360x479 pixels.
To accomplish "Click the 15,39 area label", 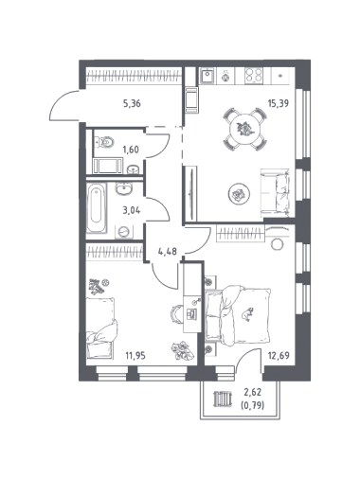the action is (x=279, y=103).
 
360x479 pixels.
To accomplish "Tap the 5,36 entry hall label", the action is (x=132, y=103).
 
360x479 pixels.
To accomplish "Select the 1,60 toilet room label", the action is (x=131, y=150).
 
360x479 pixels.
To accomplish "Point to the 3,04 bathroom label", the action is (x=132, y=210).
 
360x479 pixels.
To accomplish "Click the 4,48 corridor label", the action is (x=167, y=252).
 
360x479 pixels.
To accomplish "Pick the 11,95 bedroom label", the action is (x=135, y=356).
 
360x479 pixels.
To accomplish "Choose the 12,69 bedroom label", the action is (x=279, y=356).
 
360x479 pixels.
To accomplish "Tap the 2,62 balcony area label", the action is (x=252, y=392).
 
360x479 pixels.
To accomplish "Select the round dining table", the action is (x=245, y=129).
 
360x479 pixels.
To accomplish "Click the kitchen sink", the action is (x=207, y=76).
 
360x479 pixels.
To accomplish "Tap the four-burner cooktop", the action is (x=254, y=76).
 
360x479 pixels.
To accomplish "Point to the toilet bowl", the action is (x=104, y=143).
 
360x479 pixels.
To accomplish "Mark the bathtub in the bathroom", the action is (x=97, y=208).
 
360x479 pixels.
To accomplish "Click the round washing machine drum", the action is (x=124, y=232).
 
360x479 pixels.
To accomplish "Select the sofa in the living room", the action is (x=275, y=193).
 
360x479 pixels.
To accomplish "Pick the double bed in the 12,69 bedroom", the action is (x=238, y=314).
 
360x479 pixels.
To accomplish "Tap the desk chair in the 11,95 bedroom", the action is (x=175, y=313).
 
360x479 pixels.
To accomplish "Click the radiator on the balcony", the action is (x=223, y=399).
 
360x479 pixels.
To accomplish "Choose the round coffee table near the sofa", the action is (x=239, y=193).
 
